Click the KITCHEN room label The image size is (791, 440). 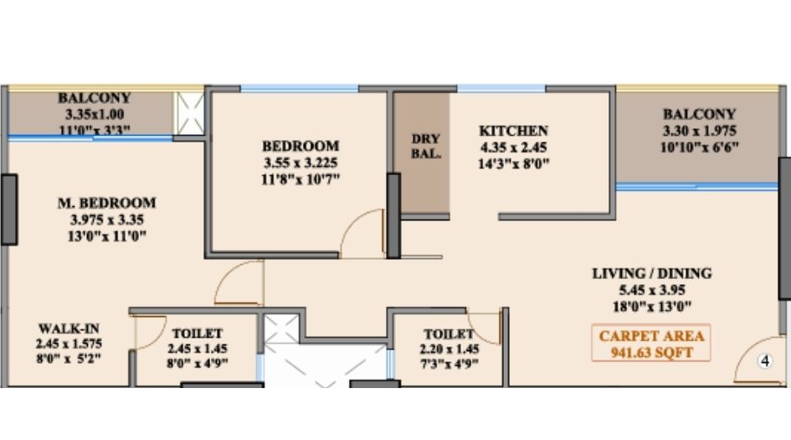(513, 131)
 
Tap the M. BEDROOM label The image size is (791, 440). (106, 203)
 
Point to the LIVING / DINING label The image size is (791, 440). (652, 273)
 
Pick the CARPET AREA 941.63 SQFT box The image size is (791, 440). (652, 344)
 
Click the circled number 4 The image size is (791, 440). (763, 361)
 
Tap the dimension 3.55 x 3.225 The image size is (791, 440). (300, 162)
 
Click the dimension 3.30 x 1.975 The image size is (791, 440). (699, 131)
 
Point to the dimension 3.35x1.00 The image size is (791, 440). (95, 114)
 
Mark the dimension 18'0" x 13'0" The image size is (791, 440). (652, 307)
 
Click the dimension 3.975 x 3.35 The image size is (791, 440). (106, 220)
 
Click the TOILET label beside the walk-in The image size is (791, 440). (198, 333)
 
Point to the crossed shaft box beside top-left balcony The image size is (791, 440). (189, 112)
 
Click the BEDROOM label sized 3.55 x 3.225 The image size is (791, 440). (300, 145)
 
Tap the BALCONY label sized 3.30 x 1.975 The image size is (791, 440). (699, 114)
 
